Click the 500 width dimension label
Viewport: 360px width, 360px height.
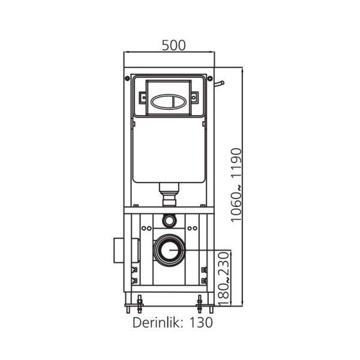173,45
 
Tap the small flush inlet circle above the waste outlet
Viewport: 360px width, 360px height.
169,220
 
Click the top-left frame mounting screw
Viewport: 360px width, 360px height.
127,78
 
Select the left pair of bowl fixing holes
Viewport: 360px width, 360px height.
147,228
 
